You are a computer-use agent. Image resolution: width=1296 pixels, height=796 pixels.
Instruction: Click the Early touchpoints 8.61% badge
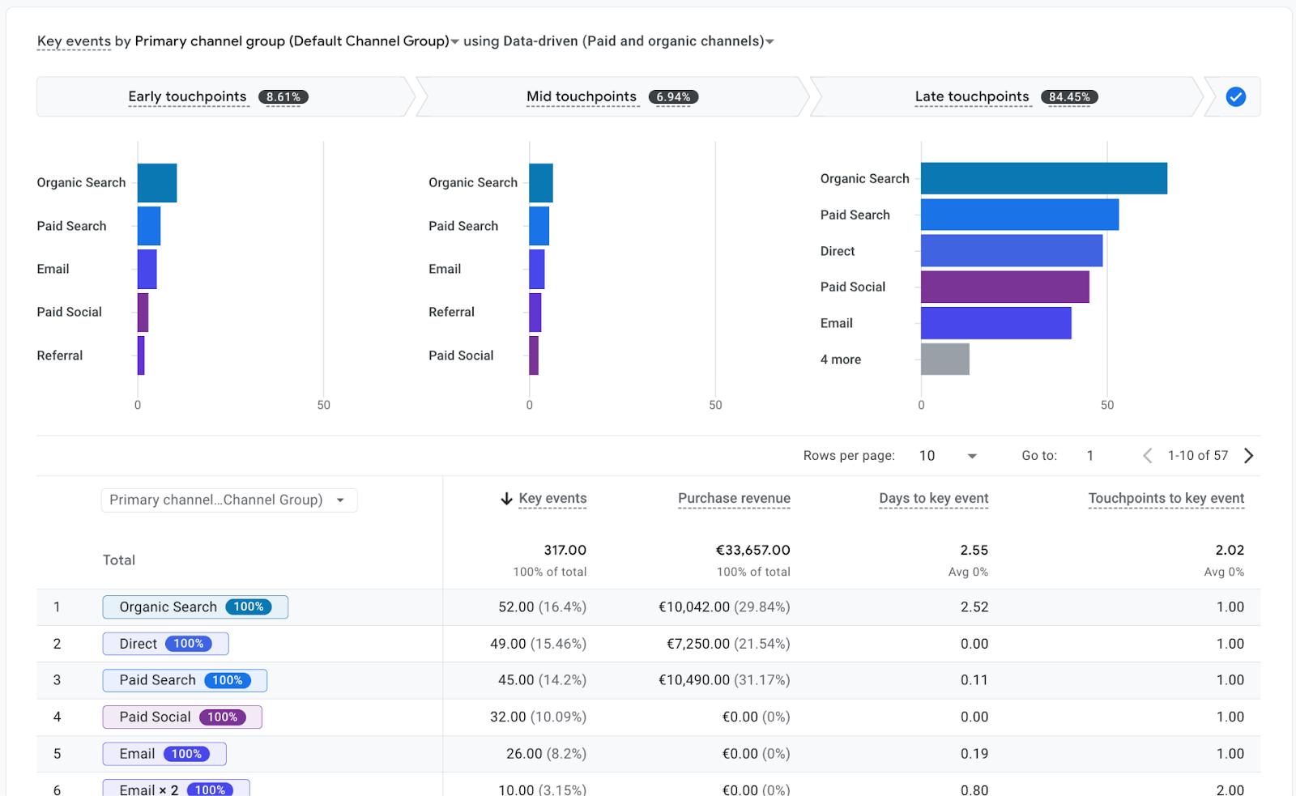pos(283,97)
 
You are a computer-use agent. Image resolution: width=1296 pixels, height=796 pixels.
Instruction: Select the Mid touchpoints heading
pos(581,97)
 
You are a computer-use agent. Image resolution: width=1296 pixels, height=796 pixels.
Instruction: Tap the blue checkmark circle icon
pos(1235,97)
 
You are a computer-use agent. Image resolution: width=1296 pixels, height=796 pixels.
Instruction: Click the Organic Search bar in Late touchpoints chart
pos(1043,178)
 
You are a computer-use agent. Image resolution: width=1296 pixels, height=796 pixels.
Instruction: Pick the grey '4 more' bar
pos(944,359)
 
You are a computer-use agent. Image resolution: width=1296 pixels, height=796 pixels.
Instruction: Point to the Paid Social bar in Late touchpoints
pos(1004,287)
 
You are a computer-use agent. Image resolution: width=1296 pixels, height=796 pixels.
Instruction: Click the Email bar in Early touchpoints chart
pos(147,269)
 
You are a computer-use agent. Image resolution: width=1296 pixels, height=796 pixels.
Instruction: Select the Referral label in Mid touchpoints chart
pos(451,312)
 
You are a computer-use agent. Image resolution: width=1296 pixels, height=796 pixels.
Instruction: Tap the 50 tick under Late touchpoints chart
pos(1106,405)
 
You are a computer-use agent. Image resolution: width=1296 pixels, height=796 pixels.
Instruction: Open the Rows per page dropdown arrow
pos(972,456)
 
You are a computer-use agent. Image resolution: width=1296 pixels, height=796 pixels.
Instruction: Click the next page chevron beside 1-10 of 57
pos(1248,456)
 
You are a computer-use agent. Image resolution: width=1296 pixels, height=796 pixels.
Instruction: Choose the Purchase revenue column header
pos(734,499)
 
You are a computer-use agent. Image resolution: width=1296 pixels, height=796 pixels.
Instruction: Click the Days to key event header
pos(933,499)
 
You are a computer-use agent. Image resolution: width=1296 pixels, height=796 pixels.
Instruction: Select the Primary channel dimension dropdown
pos(228,500)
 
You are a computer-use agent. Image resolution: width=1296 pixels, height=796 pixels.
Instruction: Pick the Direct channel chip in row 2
pos(165,644)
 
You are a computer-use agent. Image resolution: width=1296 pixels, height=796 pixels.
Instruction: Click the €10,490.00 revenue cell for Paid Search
pos(724,680)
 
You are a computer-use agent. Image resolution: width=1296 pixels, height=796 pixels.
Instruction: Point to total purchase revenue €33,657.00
pos(752,550)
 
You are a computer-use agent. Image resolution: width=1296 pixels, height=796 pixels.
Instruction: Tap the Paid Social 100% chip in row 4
pos(181,717)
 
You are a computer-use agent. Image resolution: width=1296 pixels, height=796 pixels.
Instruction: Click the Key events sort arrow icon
pos(506,499)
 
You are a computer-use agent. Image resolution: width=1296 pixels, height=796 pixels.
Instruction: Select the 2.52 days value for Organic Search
pos(974,607)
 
